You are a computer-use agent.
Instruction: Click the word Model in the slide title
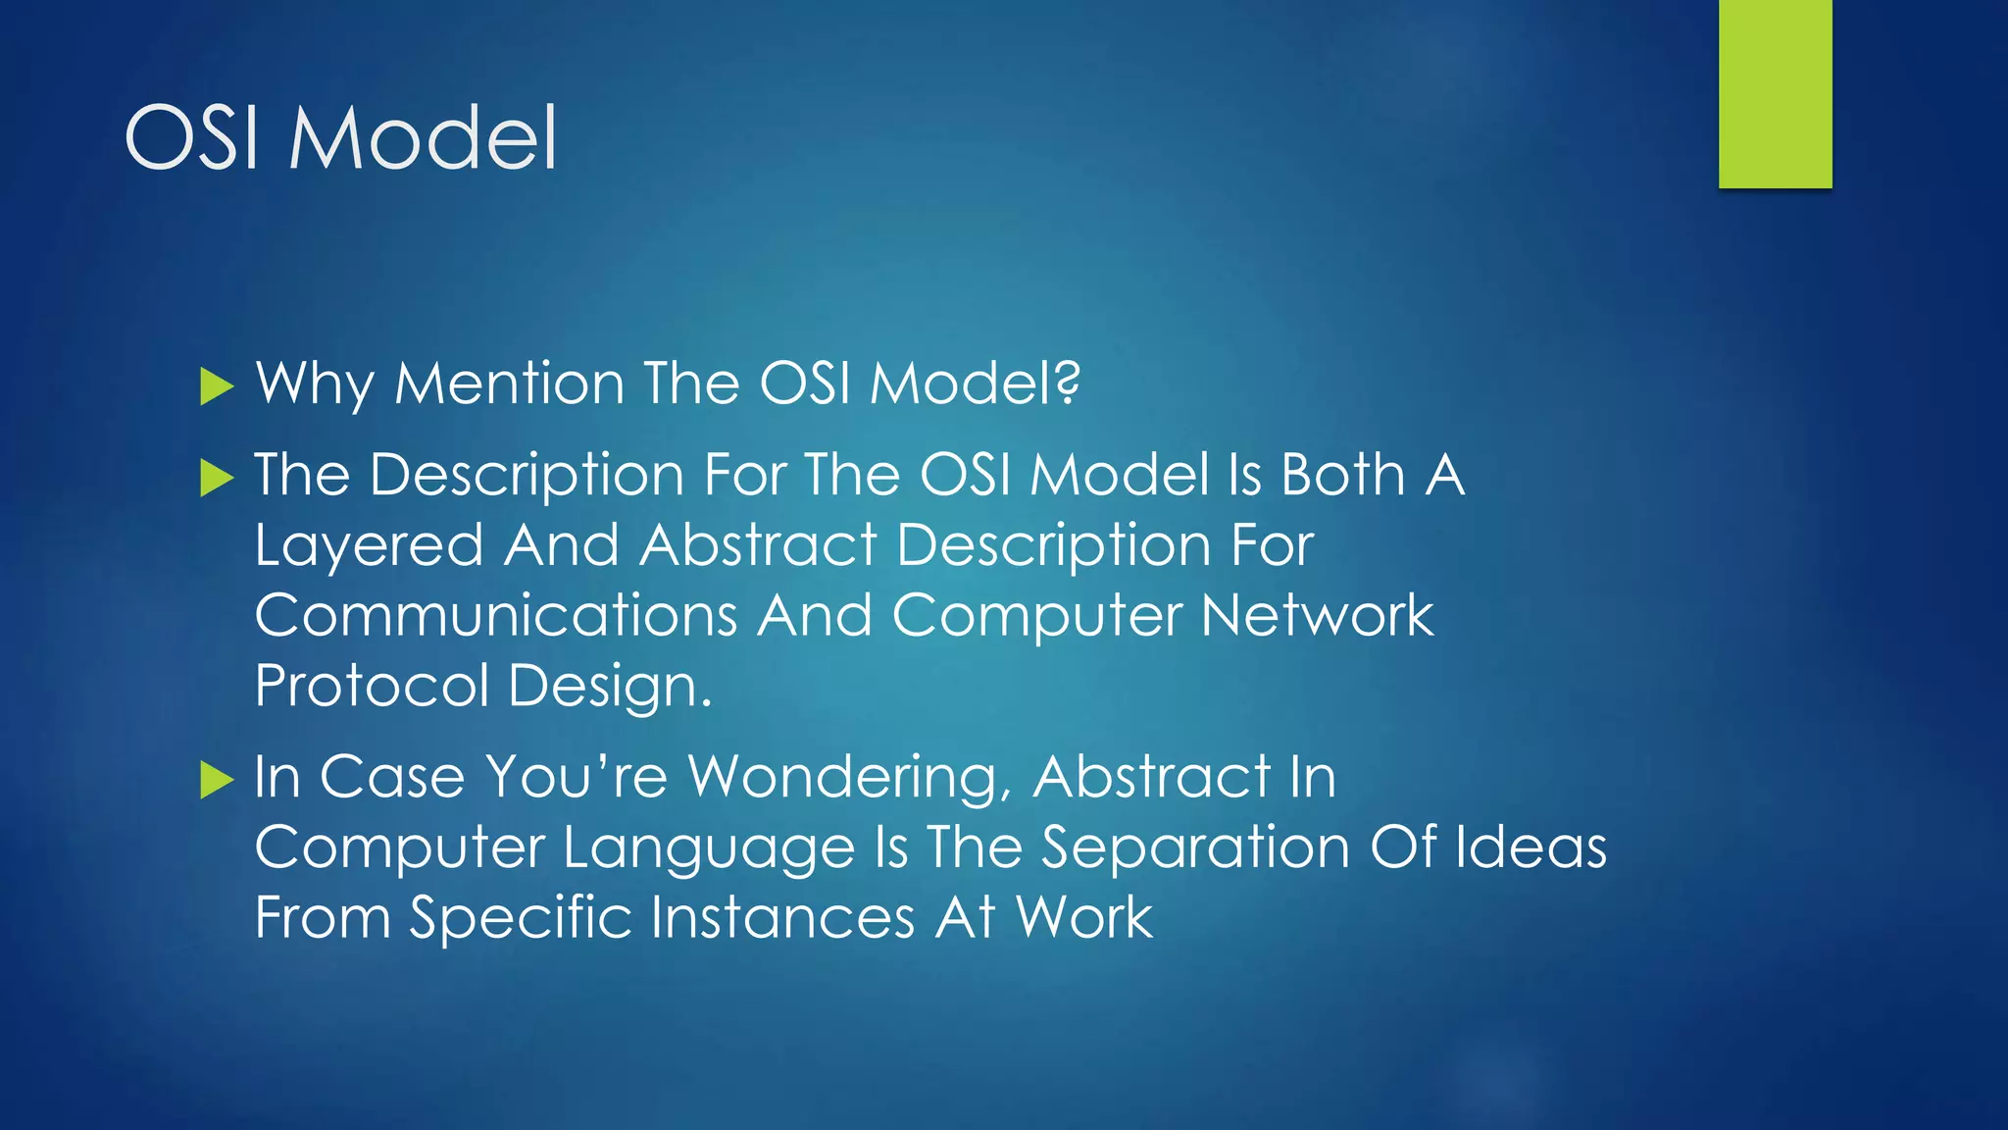click(x=423, y=138)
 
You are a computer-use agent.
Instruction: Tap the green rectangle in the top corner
click(x=1775, y=93)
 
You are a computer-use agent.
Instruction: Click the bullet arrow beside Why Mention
click(x=216, y=386)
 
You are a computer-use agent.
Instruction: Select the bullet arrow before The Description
click(x=216, y=479)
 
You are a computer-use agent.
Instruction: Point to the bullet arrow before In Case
click(x=216, y=780)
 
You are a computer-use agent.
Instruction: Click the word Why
click(x=315, y=383)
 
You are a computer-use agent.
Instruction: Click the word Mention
click(x=509, y=383)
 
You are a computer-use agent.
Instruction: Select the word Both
click(x=1343, y=475)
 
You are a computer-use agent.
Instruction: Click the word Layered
click(x=369, y=545)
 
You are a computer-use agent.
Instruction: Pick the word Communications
click(x=495, y=616)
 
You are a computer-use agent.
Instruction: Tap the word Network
click(x=1317, y=616)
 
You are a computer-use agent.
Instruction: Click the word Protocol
click(x=372, y=686)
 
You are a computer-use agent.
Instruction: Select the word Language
click(x=708, y=848)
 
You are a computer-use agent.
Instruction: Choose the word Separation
click(x=1194, y=847)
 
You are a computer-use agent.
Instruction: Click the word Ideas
click(x=1531, y=847)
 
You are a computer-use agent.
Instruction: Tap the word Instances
click(x=782, y=918)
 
